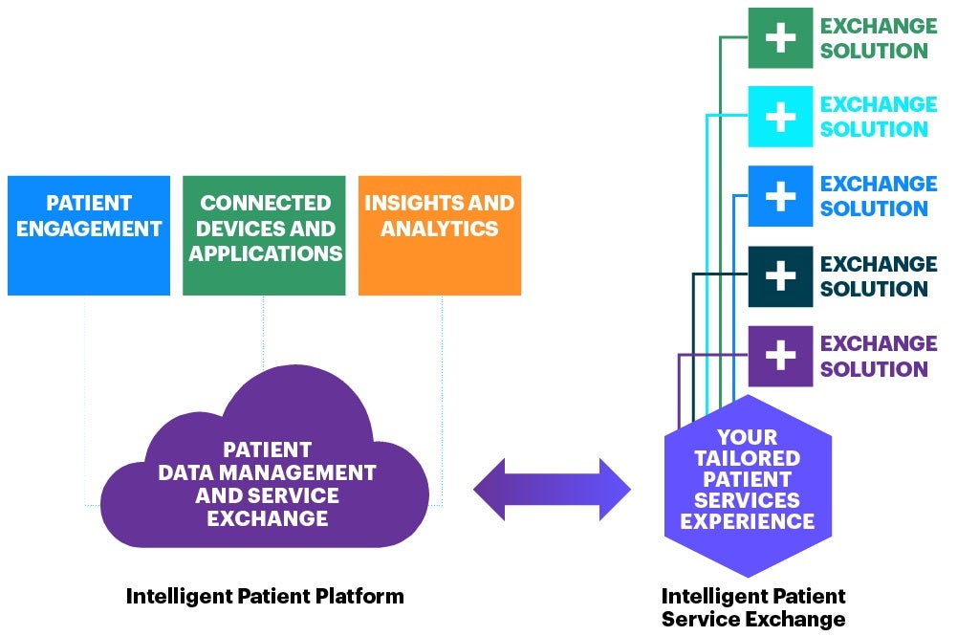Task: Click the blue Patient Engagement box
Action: click(x=88, y=235)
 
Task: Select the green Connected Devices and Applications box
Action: click(x=264, y=235)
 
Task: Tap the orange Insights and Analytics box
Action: click(x=439, y=235)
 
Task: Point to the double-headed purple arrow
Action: click(x=552, y=489)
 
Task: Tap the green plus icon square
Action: click(x=780, y=38)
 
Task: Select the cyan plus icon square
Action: click(x=780, y=117)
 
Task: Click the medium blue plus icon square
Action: click(x=780, y=196)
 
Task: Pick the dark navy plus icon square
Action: click(x=780, y=276)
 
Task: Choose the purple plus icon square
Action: click(x=780, y=356)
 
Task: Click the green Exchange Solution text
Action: click(x=878, y=38)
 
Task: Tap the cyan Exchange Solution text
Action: click(x=878, y=117)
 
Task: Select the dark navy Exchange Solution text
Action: click(x=878, y=276)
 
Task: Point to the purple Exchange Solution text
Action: click(x=878, y=356)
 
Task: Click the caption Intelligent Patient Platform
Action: click(x=265, y=597)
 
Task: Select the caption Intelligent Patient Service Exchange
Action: click(x=752, y=607)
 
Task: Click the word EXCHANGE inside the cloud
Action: click(x=267, y=519)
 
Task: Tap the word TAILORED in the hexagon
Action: click(x=747, y=458)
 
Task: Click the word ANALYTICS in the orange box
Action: click(x=439, y=229)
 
